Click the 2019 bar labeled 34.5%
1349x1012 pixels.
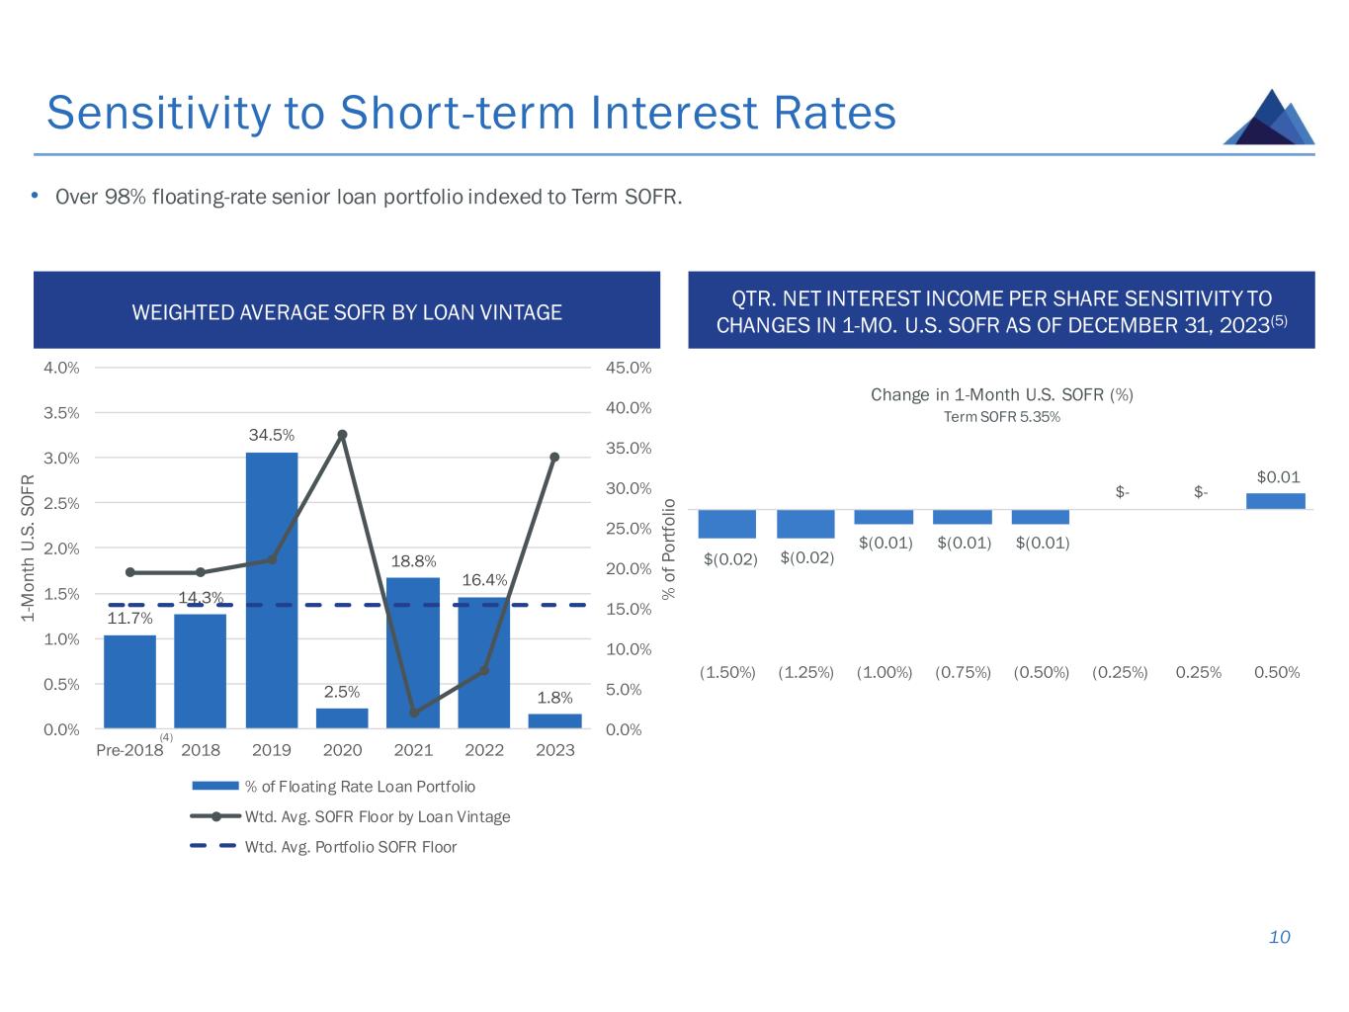272,590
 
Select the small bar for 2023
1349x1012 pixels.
554,720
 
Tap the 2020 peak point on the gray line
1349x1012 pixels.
342,435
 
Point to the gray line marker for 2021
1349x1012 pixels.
414,712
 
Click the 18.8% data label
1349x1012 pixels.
413,561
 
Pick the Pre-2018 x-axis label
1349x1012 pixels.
129,750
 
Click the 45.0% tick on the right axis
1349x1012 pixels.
629,368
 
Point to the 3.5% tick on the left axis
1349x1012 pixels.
61,413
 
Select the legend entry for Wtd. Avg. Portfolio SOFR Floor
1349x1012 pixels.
351,847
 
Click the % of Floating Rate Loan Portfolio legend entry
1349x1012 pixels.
360,787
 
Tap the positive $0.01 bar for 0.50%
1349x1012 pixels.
1276,501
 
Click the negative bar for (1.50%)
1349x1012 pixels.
726,524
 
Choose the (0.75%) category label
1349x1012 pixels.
963,673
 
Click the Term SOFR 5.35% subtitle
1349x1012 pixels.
1001,417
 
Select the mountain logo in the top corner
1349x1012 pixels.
1269,118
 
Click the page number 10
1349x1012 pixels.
1279,937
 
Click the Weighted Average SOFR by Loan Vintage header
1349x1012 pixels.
347,312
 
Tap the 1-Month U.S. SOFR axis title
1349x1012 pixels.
28,548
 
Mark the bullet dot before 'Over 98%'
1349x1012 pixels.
35,196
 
